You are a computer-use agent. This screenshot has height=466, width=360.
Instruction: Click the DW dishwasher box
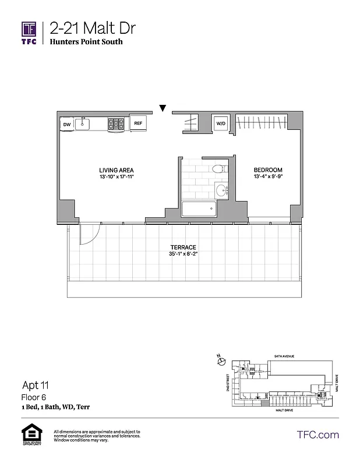click(66, 124)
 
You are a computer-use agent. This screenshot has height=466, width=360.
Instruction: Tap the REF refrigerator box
click(138, 123)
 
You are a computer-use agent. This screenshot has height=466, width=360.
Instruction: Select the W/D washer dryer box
click(221, 123)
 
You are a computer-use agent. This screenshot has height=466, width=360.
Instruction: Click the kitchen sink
click(83, 123)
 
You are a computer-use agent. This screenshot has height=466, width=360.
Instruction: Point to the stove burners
click(117, 123)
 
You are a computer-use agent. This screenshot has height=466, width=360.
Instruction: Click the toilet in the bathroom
click(218, 170)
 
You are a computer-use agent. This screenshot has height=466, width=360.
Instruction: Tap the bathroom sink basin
click(221, 190)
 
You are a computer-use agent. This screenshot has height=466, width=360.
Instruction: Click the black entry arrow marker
click(163, 108)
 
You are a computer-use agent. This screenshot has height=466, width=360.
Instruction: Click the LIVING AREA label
click(117, 170)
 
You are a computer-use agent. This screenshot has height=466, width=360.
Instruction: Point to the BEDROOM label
click(268, 170)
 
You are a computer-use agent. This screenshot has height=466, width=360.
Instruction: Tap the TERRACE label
click(183, 248)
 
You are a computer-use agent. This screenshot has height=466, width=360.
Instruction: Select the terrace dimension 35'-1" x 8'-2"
click(183, 255)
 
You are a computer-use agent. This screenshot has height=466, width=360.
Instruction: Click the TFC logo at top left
click(29, 33)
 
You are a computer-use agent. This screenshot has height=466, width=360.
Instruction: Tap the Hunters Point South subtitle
click(86, 42)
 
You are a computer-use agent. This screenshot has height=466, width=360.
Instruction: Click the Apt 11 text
click(36, 385)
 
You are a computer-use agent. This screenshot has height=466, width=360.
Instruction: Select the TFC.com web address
click(317, 435)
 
